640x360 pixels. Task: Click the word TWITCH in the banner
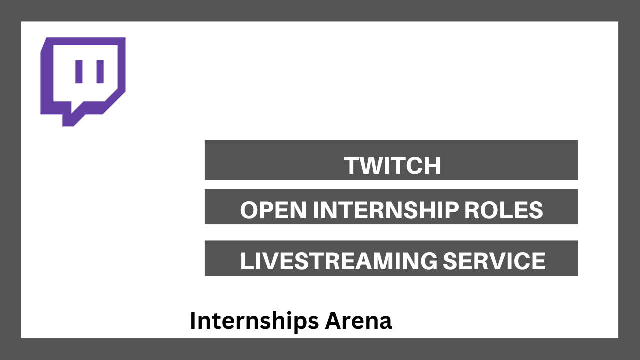click(392, 165)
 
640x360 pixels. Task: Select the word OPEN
click(273, 210)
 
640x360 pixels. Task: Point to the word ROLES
click(503, 210)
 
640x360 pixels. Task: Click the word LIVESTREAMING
click(339, 261)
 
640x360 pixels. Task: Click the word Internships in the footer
click(254, 321)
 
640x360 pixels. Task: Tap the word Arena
click(358, 321)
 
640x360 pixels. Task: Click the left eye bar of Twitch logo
click(79, 71)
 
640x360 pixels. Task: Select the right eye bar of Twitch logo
click(100, 71)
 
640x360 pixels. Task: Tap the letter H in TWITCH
click(433, 165)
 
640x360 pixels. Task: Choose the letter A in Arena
click(334, 321)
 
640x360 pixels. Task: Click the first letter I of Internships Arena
click(193, 321)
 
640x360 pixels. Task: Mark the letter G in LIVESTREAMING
click(428, 261)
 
